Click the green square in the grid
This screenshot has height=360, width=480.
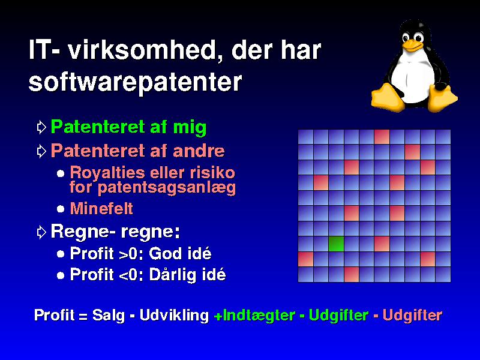pyautogui.click(x=336, y=244)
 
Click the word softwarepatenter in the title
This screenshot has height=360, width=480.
pyautogui.click(x=136, y=82)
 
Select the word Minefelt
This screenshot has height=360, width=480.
pyautogui.click(x=101, y=208)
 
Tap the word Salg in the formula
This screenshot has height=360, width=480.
pyautogui.click(x=109, y=316)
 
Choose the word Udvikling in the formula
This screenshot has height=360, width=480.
pyautogui.click(x=174, y=316)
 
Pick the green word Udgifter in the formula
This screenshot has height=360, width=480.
pyautogui.click(x=338, y=315)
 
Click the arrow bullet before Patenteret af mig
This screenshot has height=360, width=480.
pyautogui.click(x=41, y=127)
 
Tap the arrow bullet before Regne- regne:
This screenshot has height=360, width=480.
pyautogui.click(x=41, y=232)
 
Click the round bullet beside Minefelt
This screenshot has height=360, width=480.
pyautogui.click(x=61, y=209)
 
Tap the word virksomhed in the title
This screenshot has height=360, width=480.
pyautogui.click(x=142, y=50)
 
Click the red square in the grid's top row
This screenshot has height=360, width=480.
pyautogui.click(x=382, y=137)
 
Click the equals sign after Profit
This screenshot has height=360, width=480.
pyautogui.click(x=83, y=316)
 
